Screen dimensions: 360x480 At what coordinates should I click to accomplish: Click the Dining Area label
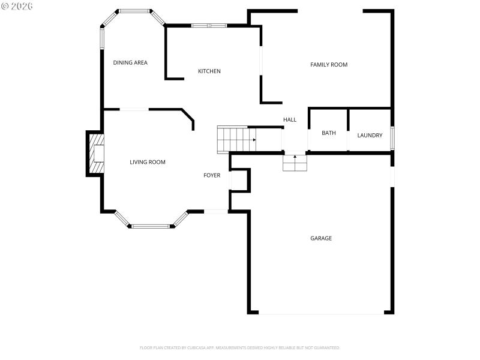pyautogui.click(x=130, y=62)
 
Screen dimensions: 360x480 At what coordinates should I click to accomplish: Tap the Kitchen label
pyautogui.click(x=209, y=71)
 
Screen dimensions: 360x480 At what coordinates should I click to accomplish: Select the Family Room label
pyautogui.click(x=328, y=64)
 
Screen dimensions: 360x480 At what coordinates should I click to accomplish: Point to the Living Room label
pyautogui.click(x=148, y=162)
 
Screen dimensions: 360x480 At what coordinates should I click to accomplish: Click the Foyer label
pyautogui.click(x=212, y=175)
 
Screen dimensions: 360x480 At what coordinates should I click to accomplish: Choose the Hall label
pyautogui.click(x=290, y=119)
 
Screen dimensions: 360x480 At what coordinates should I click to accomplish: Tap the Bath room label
pyautogui.click(x=328, y=133)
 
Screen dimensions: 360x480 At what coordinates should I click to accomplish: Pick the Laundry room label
pyautogui.click(x=370, y=135)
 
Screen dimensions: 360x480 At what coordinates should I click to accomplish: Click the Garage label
pyautogui.click(x=321, y=238)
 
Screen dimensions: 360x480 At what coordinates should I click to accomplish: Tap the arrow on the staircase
pyautogui.click(x=254, y=140)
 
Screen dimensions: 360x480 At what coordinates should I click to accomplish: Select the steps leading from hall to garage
pyautogui.click(x=295, y=163)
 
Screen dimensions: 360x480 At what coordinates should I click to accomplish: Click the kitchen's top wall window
pyautogui.click(x=209, y=25)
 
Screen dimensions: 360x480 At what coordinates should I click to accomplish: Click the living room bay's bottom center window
pyautogui.click(x=151, y=226)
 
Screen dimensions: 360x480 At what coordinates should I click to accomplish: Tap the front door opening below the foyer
pyautogui.click(x=216, y=211)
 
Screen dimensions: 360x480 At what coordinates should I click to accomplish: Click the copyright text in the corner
pyautogui.click(x=17, y=5)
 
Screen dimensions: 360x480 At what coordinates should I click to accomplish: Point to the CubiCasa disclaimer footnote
pyautogui.click(x=240, y=347)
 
